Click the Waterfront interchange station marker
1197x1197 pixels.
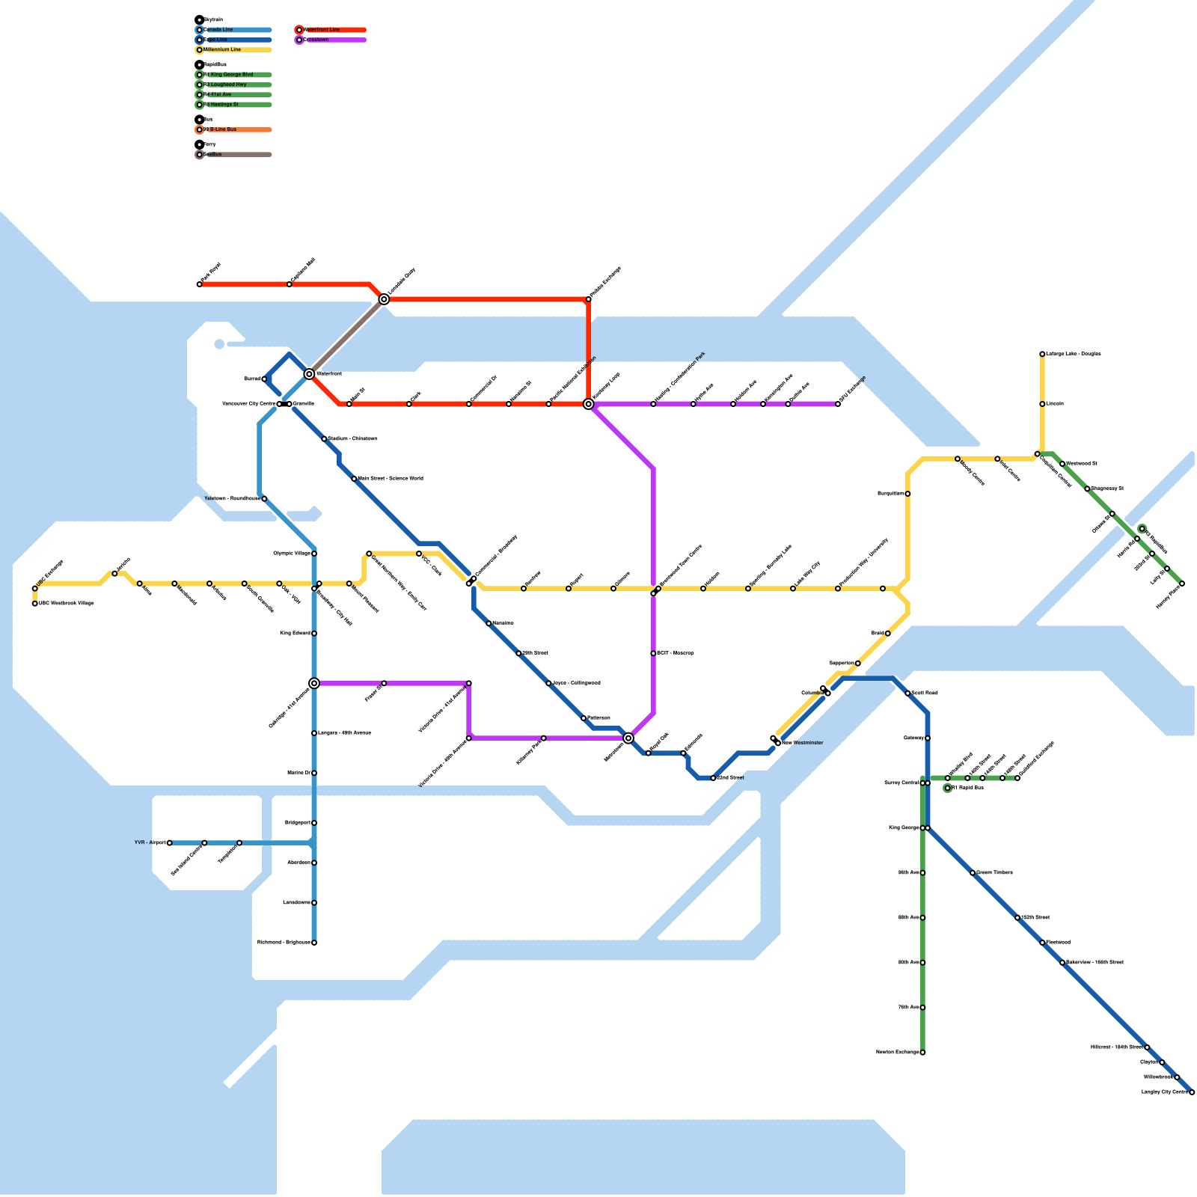pyautogui.click(x=309, y=373)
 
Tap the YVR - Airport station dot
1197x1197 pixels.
pyautogui.click(x=170, y=843)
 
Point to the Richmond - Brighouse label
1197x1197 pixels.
pyautogui.click(x=284, y=943)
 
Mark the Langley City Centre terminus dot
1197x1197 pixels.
pyautogui.click(x=1192, y=1092)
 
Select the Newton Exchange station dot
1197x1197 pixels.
pyautogui.click(x=922, y=1053)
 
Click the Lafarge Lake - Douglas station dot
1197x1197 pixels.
pyautogui.click(x=1042, y=354)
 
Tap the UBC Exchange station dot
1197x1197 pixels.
pyautogui.click(x=35, y=588)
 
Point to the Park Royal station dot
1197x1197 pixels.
pyautogui.click(x=200, y=284)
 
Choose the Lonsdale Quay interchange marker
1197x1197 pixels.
pyautogui.click(x=384, y=299)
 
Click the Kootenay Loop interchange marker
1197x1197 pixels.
pyautogui.click(x=589, y=404)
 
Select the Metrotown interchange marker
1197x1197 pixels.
pyautogui.click(x=628, y=738)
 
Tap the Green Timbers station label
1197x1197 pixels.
pyautogui.click(x=995, y=873)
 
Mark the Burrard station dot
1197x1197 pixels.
pyautogui.click(x=264, y=379)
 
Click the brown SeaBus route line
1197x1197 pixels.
pyautogui.click(x=346, y=337)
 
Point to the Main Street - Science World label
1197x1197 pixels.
pyautogui.click(x=391, y=479)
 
